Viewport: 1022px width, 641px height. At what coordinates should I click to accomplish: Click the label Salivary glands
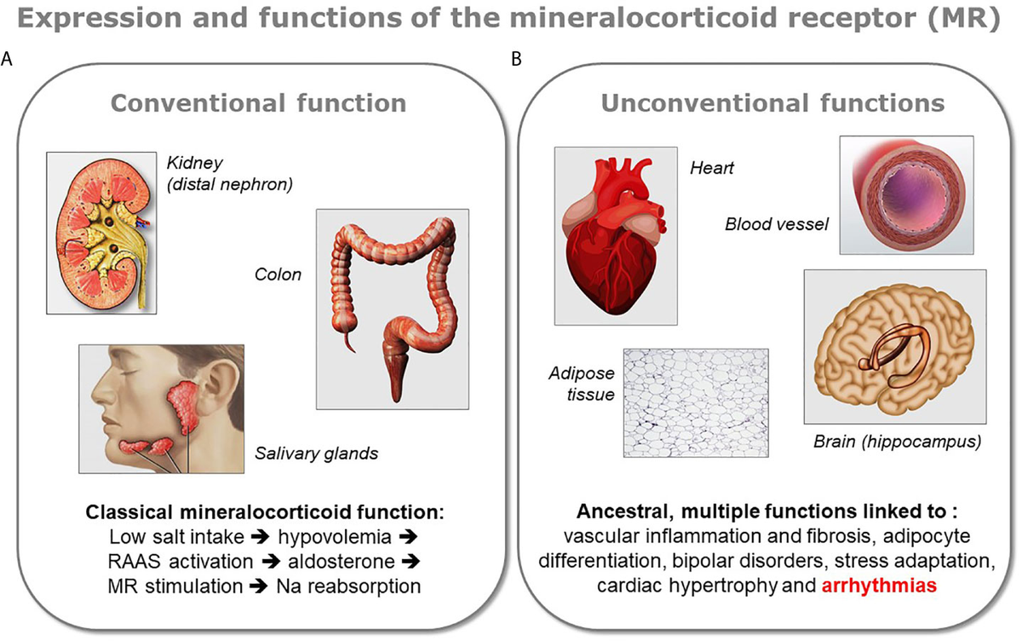click(x=316, y=453)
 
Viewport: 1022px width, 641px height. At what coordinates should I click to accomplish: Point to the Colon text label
click(x=278, y=274)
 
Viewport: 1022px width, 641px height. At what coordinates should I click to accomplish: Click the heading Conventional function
click(x=259, y=103)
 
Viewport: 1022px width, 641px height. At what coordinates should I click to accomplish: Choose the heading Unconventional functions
click(x=772, y=103)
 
